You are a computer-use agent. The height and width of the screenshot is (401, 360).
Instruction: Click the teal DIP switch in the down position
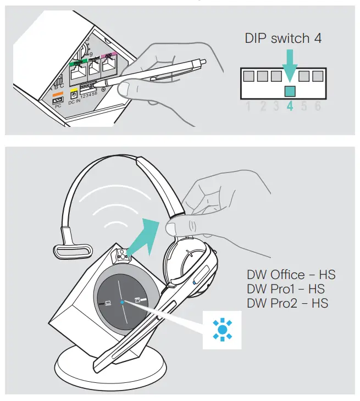290,91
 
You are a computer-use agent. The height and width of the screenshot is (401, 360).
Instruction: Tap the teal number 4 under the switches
290,106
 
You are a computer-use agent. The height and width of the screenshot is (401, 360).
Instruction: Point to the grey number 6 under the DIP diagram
317,106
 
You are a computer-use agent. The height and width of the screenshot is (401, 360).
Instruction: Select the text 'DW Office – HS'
291,275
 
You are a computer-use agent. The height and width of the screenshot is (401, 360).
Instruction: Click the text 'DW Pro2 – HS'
287,303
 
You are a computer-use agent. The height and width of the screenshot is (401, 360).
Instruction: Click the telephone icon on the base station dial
137,299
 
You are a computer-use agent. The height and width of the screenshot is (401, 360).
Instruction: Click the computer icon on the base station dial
107,303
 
